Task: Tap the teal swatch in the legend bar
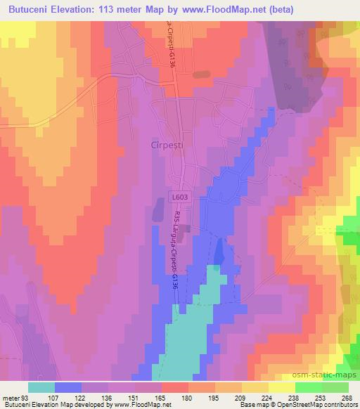point(41,387)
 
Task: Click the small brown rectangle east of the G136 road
point(202,74)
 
